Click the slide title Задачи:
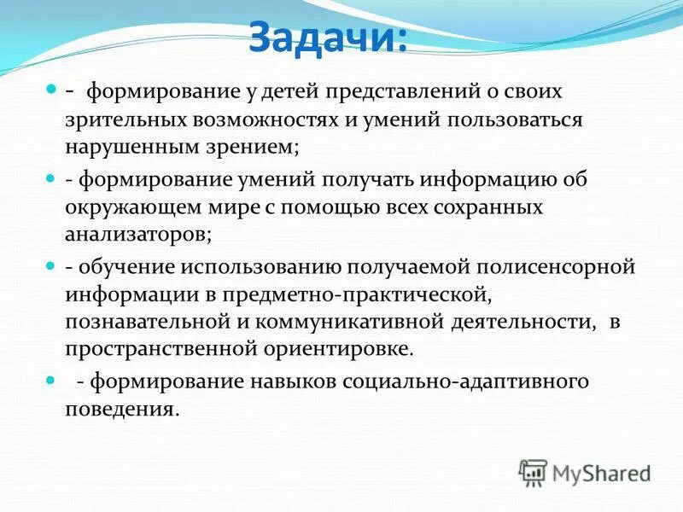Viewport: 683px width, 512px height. point(328,38)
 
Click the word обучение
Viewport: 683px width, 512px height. point(127,267)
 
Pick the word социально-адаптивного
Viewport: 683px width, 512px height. point(466,381)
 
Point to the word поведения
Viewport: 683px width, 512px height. point(122,409)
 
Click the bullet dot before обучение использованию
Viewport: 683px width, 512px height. point(50,265)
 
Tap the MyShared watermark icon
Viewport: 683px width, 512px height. point(533,471)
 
